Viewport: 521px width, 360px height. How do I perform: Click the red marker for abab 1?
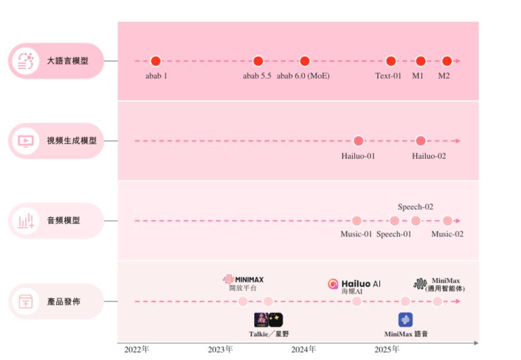(156, 61)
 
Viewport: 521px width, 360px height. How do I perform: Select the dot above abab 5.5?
(257, 61)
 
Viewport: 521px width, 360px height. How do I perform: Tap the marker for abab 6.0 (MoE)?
(304, 61)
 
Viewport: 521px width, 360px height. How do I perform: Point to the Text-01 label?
(388, 76)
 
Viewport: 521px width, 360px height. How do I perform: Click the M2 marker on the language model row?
(446, 61)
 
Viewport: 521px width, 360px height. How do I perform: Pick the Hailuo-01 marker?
(358, 140)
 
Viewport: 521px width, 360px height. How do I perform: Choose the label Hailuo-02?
(429, 156)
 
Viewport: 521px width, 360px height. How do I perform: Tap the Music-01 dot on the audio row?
(357, 221)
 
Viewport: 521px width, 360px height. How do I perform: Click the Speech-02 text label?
(415, 207)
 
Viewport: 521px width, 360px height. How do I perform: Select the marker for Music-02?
(447, 221)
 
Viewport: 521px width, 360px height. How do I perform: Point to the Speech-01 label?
(394, 235)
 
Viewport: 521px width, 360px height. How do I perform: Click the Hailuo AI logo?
(354, 284)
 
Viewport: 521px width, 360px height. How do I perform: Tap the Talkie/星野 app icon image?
(269, 320)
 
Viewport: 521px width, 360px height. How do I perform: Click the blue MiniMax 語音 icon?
(406, 320)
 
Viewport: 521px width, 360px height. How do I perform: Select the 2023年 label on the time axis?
(220, 349)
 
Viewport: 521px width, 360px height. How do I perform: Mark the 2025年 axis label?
(387, 349)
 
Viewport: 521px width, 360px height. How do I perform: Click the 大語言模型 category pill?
(56, 61)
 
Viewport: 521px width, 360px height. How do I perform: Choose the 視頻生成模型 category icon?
(26, 141)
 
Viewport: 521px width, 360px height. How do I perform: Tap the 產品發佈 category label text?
(63, 302)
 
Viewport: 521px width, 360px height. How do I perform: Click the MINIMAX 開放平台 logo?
(244, 280)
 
